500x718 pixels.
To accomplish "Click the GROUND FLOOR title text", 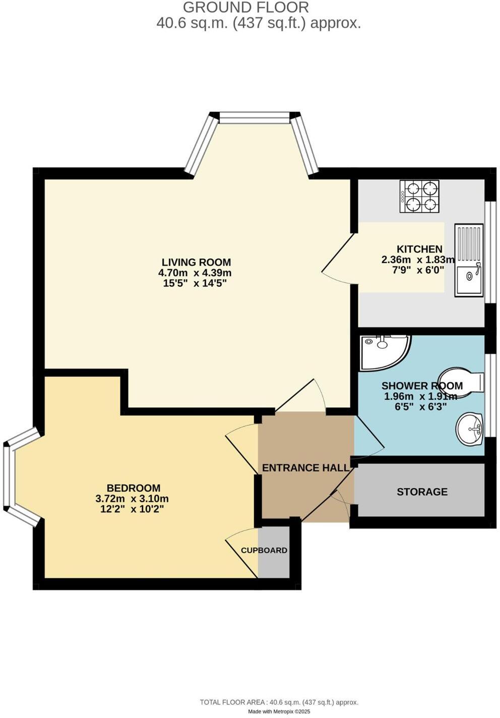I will click(x=245, y=8).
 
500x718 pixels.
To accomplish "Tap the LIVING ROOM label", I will click(x=196, y=262).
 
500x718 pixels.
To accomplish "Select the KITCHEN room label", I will click(x=419, y=249).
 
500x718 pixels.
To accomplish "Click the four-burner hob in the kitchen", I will click(x=419, y=196).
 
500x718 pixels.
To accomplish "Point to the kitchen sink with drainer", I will click(x=469, y=261).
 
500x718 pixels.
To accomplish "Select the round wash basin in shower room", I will click(x=470, y=430).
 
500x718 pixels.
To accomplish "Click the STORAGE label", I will click(x=422, y=492).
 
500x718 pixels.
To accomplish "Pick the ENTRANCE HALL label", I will click(x=305, y=468).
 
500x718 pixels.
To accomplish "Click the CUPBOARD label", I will click(x=264, y=550).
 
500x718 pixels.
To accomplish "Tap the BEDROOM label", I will click(x=134, y=488).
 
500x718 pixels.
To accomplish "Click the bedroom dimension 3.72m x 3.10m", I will click(x=132, y=499).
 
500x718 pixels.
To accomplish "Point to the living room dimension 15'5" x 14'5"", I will click(x=195, y=283).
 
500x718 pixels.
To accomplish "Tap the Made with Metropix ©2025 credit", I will click(x=279, y=711).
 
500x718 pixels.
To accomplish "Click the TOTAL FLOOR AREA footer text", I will click(x=279, y=702).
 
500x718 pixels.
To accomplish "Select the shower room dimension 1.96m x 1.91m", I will click(x=420, y=396).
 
